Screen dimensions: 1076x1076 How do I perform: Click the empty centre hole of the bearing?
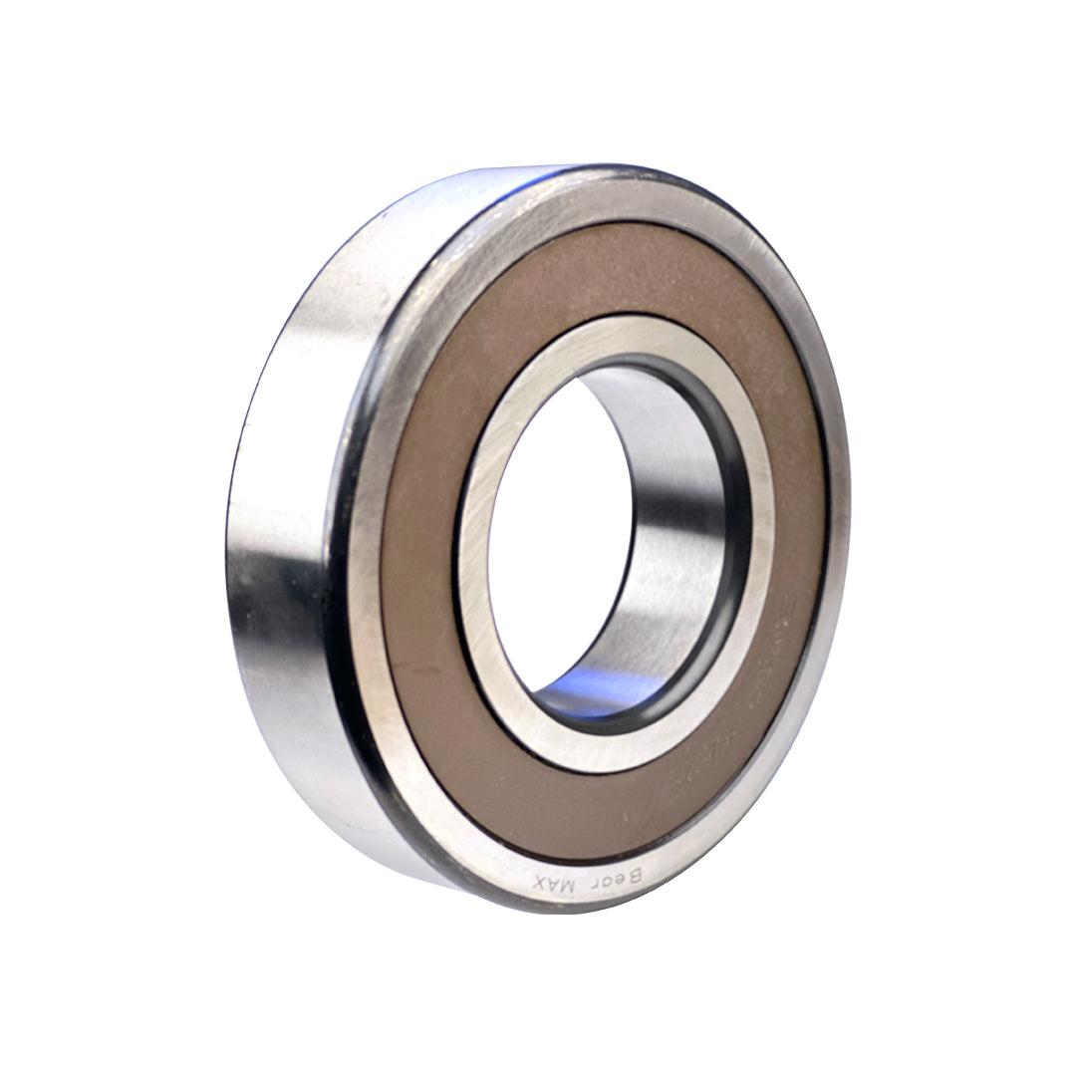click(x=558, y=528)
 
